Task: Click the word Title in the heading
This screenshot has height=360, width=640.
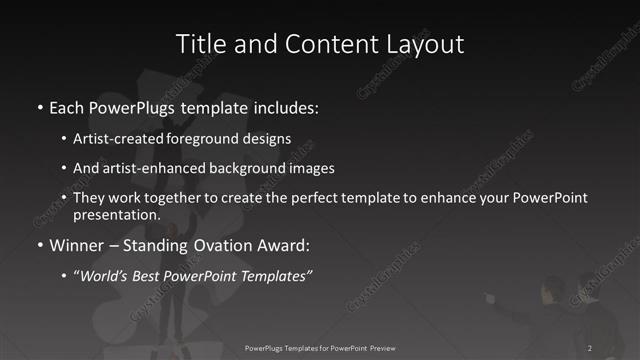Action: tap(200, 44)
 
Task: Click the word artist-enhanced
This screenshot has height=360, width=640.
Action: tap(149, 168)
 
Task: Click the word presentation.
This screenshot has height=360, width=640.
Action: tap(116, 214)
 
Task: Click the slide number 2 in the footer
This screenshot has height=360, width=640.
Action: tap(590, 347)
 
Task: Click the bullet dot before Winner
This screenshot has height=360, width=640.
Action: tap(38, 246)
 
